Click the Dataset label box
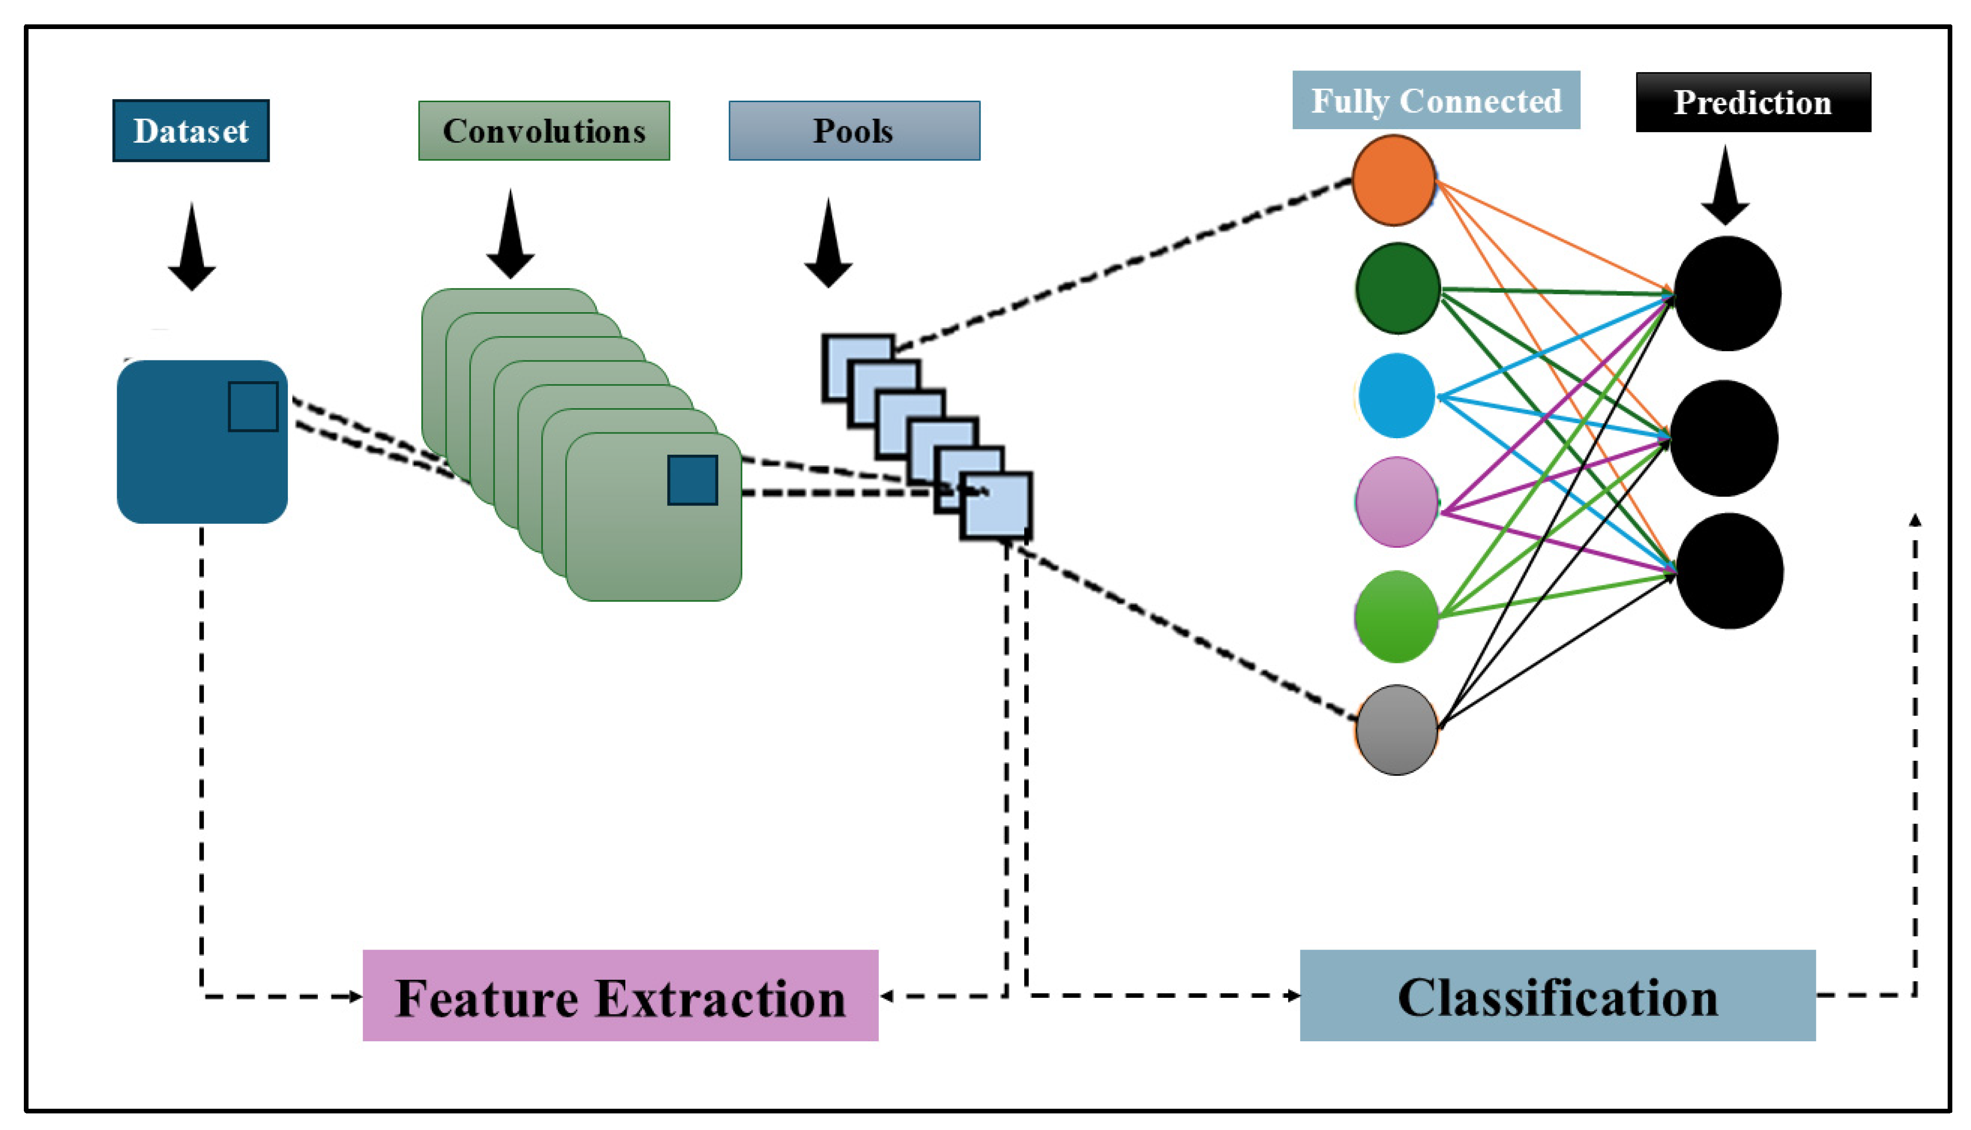191,130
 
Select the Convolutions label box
544,130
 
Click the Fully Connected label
1435,100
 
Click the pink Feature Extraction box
620,996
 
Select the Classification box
1557,996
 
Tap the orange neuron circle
1394,180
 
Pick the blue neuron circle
1397,396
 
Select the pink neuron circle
1397,502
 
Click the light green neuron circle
1397,617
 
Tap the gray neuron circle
1397,730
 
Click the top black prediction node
1727,294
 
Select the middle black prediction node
1724,439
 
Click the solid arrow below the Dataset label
192,248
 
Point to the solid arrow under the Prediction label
1725,186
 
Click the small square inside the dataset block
253,407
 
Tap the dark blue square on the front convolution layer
692,480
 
